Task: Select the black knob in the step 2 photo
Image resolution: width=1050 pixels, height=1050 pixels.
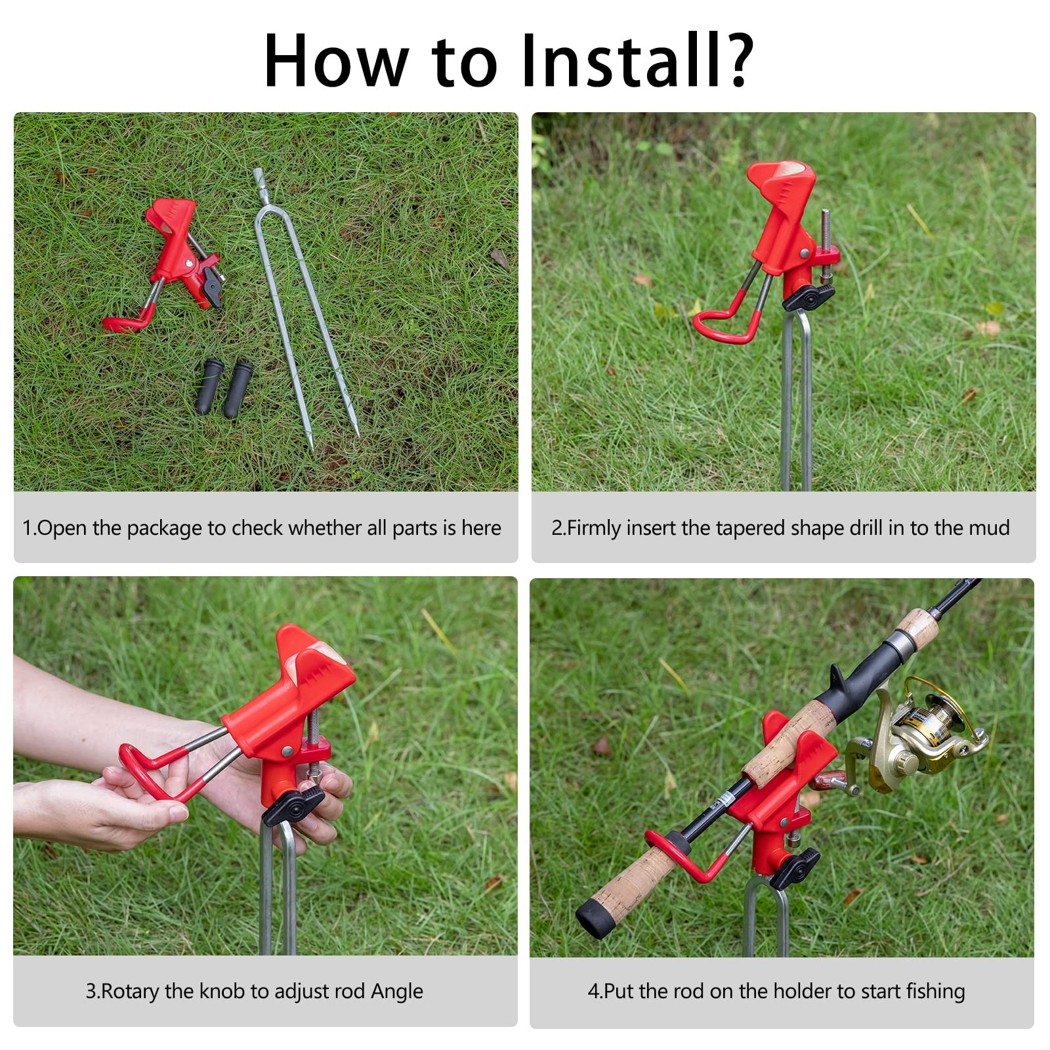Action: pyautogui.click(x=808, y=297)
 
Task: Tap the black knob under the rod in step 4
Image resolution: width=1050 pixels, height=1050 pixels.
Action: pyautogui.click(x=795, y=867)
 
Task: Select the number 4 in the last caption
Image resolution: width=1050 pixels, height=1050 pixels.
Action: pyautogui.click(x=593, y=991)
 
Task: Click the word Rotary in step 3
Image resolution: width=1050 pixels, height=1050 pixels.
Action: pyautogui.click(x=131, y=992)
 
